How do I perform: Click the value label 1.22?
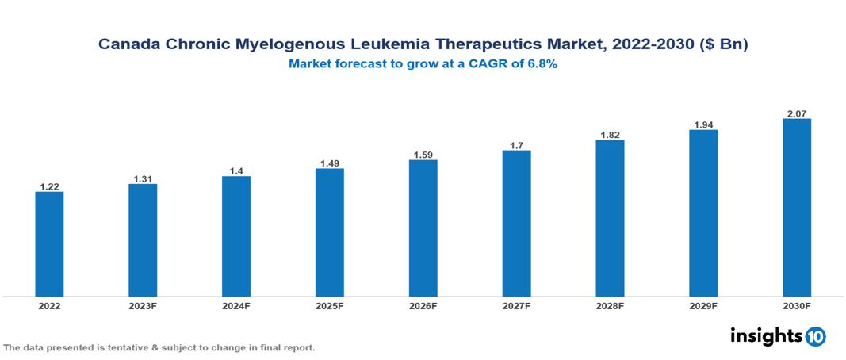49,186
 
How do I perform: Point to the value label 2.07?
797,113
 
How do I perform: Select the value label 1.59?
423,155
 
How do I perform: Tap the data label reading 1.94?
703,124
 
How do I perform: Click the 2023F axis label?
143,305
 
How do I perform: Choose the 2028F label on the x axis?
610,305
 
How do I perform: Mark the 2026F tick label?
423,305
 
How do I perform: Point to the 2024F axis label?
236,305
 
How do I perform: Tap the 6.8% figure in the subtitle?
542,64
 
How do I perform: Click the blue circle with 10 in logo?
815,336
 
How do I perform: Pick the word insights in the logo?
766,335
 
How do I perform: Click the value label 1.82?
610,135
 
